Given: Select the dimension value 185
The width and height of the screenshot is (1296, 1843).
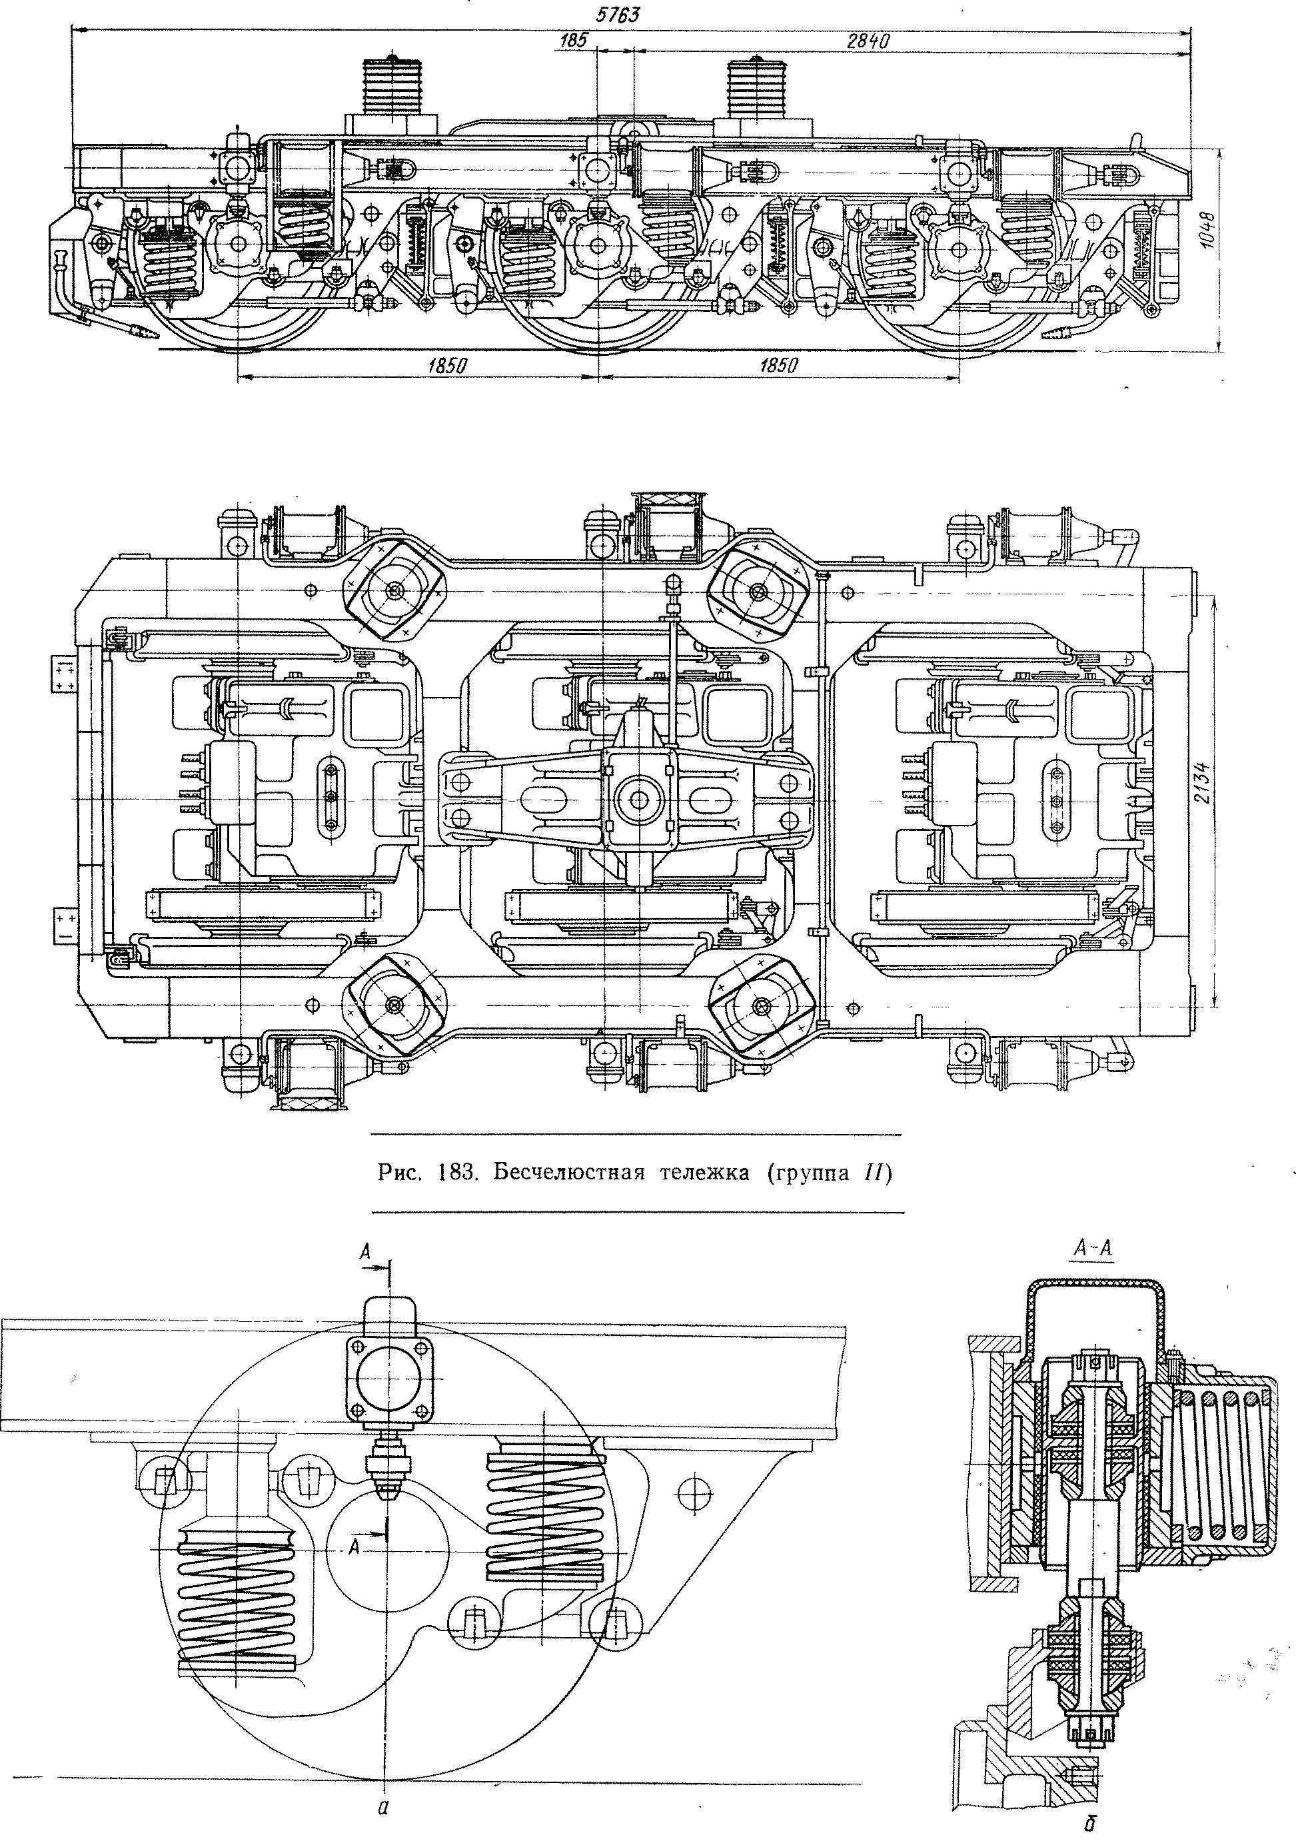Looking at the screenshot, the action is point(574,39).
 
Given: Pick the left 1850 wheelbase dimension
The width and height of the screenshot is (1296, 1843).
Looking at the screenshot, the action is point(448,366).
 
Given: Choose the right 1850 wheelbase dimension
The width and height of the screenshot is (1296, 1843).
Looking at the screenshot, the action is point(778,366).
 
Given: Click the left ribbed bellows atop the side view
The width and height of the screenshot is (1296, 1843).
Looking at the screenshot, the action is point(391,87).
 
